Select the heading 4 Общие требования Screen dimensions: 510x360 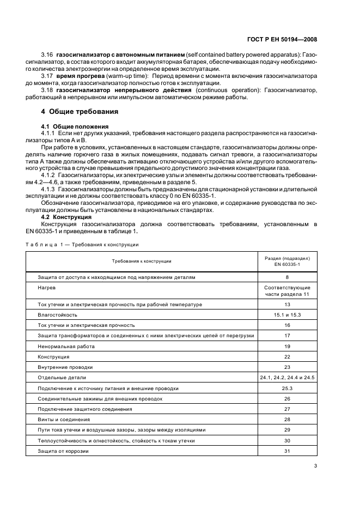coord(80,111)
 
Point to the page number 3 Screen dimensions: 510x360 coord(315,465)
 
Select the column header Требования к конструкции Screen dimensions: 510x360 coord(142,261)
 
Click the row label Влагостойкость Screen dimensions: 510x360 coord(57,314)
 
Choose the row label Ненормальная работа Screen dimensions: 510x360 coord(66,346)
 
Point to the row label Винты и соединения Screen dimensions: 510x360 coord(64,419)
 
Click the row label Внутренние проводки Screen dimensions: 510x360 coord(65,367)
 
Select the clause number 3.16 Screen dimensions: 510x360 coord(47,56)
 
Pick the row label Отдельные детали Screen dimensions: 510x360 coord(62,377)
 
